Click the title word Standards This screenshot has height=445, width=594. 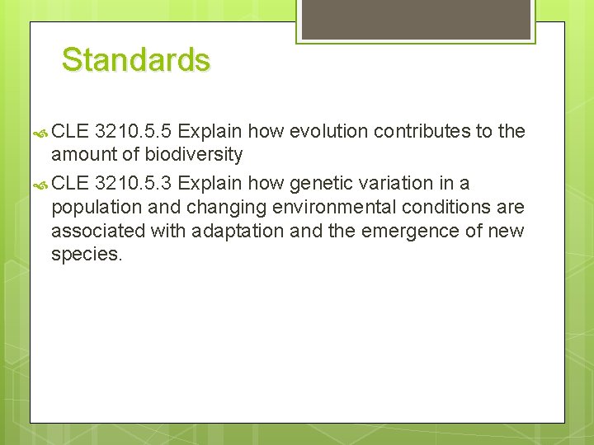(136, 60)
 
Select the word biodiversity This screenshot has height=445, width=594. (194, 154)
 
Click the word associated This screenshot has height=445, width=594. (97, 230)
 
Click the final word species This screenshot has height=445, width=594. (86, 255)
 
